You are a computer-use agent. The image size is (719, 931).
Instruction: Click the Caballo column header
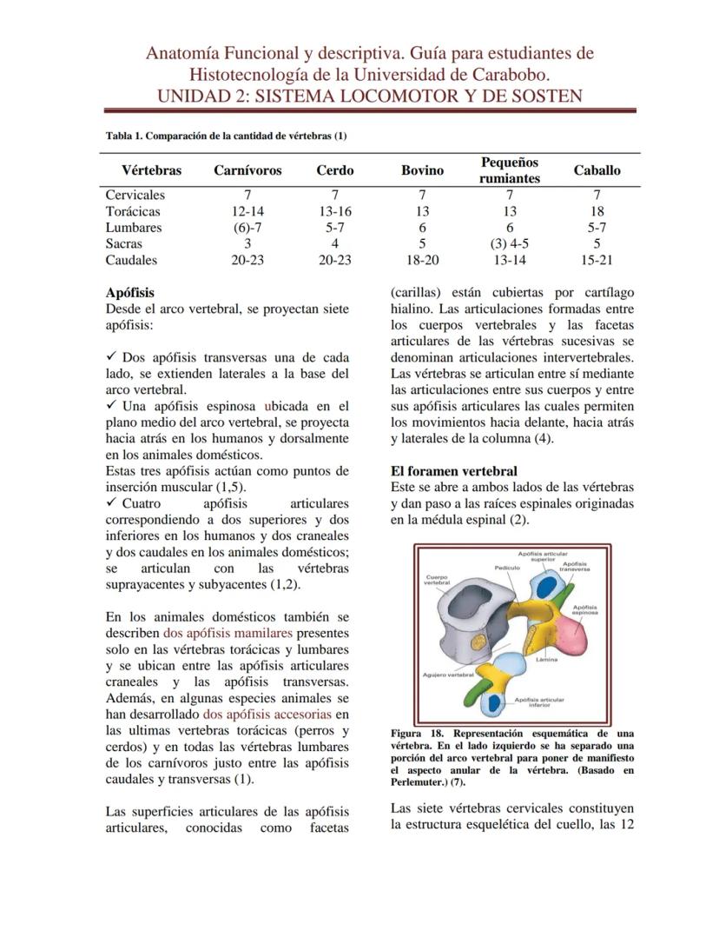(x=597, y=170)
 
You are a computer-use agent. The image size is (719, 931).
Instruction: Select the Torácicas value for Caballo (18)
(x=597, y=211)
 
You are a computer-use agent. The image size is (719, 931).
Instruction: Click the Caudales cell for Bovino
(x=422, y=260)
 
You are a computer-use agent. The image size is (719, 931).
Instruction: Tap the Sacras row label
(x=124, y=244)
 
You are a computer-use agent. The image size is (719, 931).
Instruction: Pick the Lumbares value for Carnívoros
(x=247, y=228)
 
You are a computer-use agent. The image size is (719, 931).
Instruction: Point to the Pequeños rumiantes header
(x=509, y=170)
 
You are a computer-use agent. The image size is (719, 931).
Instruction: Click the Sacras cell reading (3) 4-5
(x=509, y=244)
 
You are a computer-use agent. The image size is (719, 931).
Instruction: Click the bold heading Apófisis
(x=129, y=293)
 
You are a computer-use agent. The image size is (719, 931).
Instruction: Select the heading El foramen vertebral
(x=454, y=471)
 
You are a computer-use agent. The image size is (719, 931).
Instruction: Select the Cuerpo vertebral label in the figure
(x=437, y=580)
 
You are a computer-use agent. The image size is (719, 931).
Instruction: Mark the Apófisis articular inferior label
(x=539, y=702)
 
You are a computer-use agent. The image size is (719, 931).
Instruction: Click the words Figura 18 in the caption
(x=417, y=732)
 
